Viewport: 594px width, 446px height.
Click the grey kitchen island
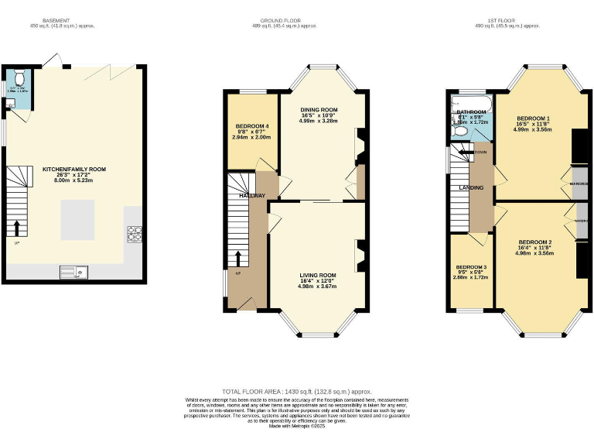[x=78, y=219]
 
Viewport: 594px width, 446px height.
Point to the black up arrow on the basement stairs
[x=15, y=226]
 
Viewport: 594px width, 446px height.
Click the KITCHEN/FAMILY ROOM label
[x=74, y=169]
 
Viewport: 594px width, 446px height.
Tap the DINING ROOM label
[x=319, y=110]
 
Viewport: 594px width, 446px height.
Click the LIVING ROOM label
[x=318, y=275]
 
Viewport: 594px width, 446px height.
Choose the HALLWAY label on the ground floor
[x=252, y=196]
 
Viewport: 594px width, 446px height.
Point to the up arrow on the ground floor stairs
[x=238, y=259]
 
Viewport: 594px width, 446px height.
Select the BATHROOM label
[x=471, y=112]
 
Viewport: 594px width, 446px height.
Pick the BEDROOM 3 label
[x=471, y=266]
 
